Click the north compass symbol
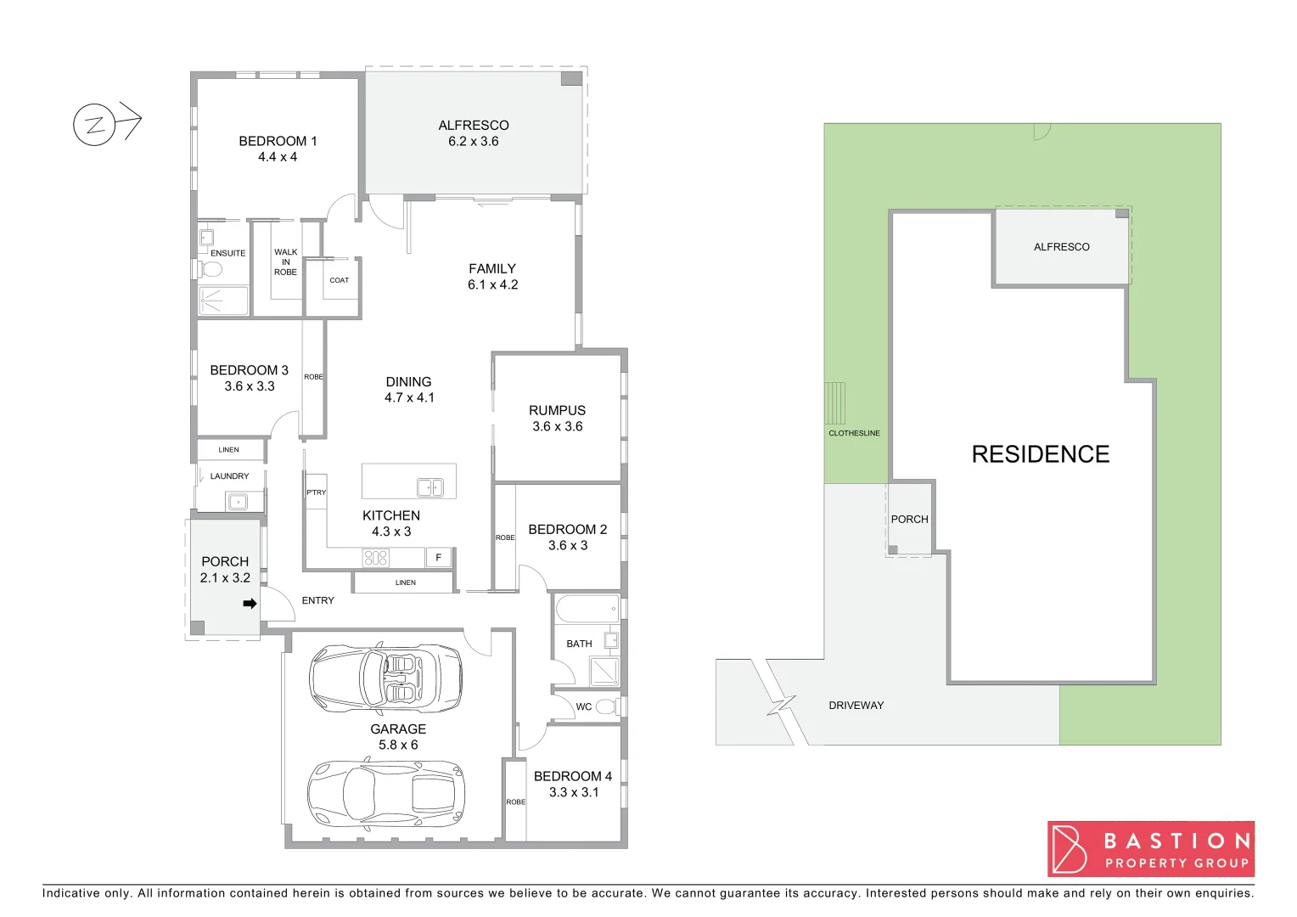pos(94,125)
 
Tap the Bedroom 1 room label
pos(278,142)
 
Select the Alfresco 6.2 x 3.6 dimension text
pos(474,142)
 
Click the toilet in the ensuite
pos(210,270)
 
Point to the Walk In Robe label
pos(286,262)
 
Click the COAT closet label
pos(340,280)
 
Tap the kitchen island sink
pos(430,487)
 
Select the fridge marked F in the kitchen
pos(438,558)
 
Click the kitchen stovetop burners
pos(375,558)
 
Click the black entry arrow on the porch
pos(250,604)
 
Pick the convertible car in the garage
pos(386,678)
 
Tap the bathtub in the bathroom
pos(587,609)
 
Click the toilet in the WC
pos(605,706)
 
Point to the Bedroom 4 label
pos(573,776)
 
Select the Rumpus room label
pos(557,411)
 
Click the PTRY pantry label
pos(316,492)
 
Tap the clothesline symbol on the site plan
pos(834,403)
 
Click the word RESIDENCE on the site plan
pos(1040,454)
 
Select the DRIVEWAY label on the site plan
pos(856,706)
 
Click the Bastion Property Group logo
pos(1150,849)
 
